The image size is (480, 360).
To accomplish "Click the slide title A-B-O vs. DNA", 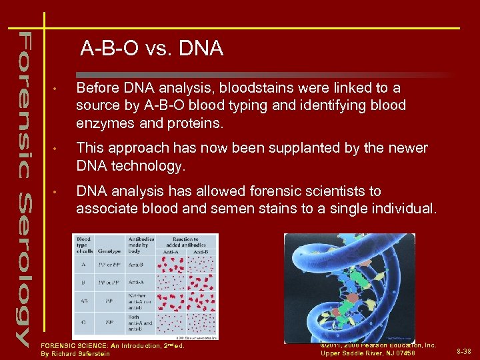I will coord(152,49).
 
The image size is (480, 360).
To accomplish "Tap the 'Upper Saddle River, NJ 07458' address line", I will coord(367,353).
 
